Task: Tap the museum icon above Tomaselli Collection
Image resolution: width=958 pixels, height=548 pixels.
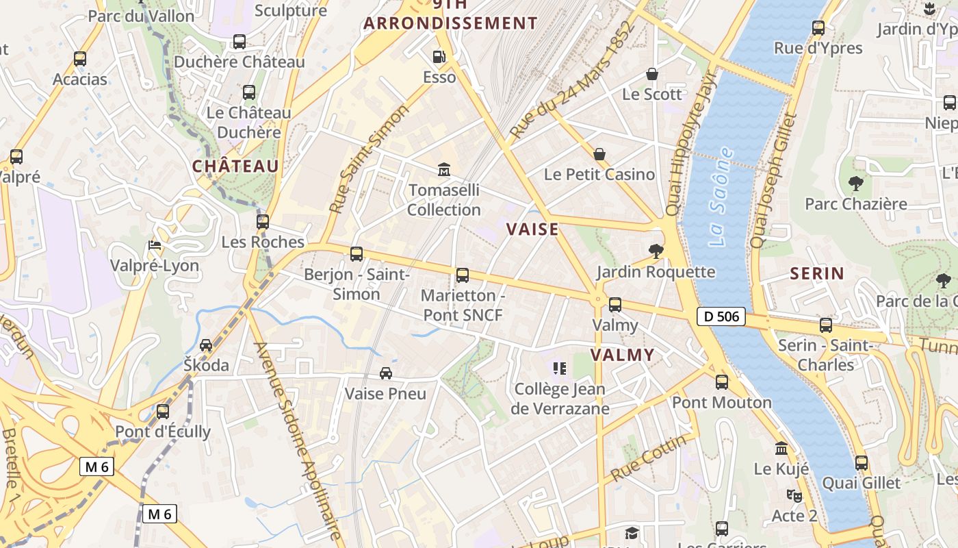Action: coord(444,169)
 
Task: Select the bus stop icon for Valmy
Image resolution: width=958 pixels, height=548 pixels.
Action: coord(615,305)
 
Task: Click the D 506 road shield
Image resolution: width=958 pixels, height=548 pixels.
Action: coord(721,316)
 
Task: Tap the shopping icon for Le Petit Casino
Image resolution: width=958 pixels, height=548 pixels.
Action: coord(599,154)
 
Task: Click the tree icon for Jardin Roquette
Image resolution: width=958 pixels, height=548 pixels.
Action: coord(656,251)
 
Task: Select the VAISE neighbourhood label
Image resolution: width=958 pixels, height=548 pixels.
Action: coord(532,229)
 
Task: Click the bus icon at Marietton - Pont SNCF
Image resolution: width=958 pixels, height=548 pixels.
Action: coord(463,275)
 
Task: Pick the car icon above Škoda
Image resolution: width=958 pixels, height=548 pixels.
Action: coord(206,345)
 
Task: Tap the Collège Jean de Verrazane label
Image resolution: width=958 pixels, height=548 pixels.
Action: coord(560,399)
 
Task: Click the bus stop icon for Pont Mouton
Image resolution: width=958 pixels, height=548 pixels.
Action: coord(722,382)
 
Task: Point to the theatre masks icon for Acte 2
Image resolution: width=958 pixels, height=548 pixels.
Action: coord(794,495)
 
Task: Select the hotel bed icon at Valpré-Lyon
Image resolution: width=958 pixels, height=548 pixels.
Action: coord(155,245)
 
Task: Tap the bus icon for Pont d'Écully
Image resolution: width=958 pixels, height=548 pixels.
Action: coord(163,412)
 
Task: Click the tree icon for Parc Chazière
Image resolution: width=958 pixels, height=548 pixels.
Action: coord(855,183)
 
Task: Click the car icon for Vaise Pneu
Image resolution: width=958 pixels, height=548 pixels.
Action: coord(386,373)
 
